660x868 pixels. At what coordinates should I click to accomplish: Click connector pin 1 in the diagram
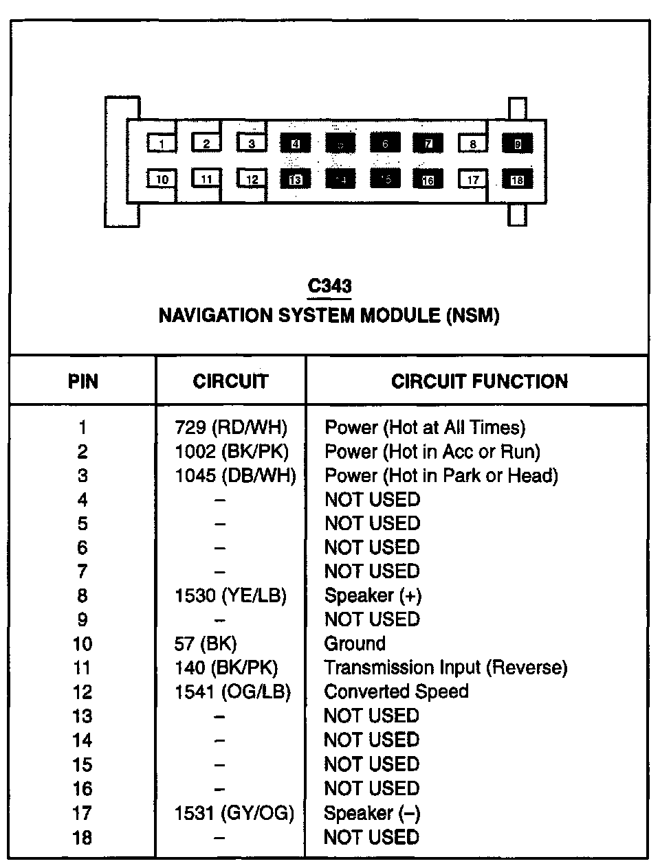click(x=162, y=144)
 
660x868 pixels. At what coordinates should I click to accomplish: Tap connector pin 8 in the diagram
click(x=473, y=144)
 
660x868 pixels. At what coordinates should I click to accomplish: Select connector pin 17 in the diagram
click(x=473, y=180)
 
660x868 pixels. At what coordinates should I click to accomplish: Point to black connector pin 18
click(x=517, y=180)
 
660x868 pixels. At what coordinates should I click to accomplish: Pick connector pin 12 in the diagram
click(x=252, y=179)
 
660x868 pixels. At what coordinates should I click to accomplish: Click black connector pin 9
click(x=517, y=144)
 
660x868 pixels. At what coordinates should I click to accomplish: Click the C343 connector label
click(x=330, y=286)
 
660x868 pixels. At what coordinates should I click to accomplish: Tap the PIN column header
click(x=83, y=382)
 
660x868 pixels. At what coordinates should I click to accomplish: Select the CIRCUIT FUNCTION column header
click(x=479, y=382)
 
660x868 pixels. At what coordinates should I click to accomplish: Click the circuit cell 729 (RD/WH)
click(x=231, y=428)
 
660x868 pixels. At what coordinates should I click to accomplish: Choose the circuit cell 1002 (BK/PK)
click(x=232, y=452)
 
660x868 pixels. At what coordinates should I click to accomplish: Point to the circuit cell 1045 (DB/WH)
click(x=235, y=476)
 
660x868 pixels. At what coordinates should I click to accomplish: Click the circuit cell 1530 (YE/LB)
click(x=231, y=596)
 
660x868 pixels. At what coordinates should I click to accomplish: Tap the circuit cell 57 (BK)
click(x=206, y=644)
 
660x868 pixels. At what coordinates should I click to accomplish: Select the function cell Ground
click(x=355, y=644)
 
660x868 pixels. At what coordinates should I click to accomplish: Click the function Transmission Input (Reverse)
click(x=445, y=668)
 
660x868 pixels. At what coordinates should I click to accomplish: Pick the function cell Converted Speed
click(x=396, y=692)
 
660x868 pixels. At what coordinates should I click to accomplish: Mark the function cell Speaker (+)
click(x=373, y=596)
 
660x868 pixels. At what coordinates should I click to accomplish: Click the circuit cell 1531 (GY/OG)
click(x=234, y=814)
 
